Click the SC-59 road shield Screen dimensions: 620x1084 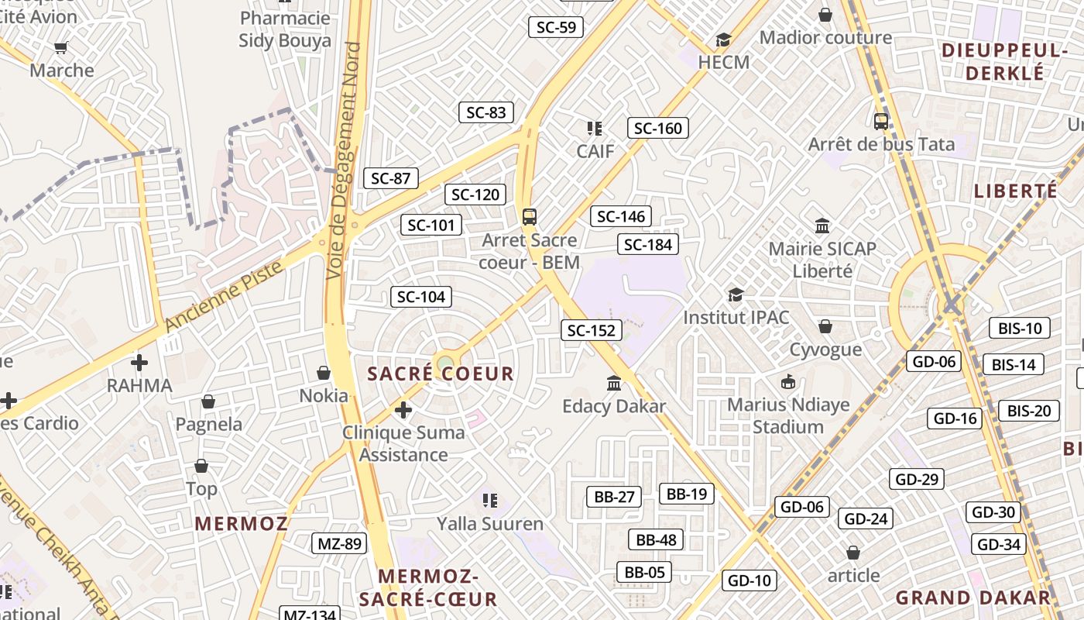(x=556, y=27)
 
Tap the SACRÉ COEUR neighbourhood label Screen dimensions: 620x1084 (x=441, y=374)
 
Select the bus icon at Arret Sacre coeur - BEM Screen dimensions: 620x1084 (x=530, y=217)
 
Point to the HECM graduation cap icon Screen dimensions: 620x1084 (x=724, y=40)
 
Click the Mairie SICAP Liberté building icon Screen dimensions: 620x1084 (x=822, y=226)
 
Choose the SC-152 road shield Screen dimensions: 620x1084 (x=592, y=331)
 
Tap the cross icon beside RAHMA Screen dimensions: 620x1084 (x=139, y=362)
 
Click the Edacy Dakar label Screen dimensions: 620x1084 (x=614, y=406)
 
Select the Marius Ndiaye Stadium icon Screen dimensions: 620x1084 (x=788, y=381)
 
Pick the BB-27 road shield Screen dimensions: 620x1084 (x=615, y=497)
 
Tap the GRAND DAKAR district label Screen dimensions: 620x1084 (x=973, y=598)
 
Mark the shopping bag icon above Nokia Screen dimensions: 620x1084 (x=324, y=373)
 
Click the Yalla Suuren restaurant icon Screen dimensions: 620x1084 (x=489, y=501)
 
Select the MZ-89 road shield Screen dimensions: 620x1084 (x=339, y=543)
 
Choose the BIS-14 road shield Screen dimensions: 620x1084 (x=1013, y=364)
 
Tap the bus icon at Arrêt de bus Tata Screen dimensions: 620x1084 (x=881, y=122)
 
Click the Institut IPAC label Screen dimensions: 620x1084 (x=736, y=317)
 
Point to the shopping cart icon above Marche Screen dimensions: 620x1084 (x=61, y=47)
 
